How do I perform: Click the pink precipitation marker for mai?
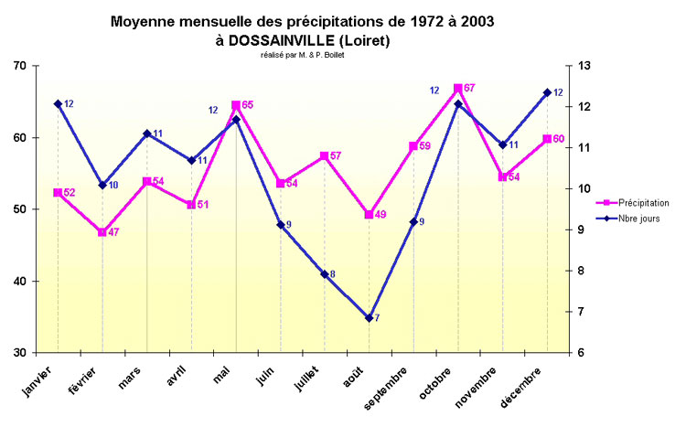(x=236, y=105)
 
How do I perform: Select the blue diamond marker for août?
(x=370, y=318)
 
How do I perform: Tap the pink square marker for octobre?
(x=458, y=89)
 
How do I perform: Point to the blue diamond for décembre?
(x=547, y=92)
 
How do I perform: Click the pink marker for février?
(x=102, y=232)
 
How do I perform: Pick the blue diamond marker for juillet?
(x=325, y=274)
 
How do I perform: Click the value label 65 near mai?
(x=248, y=105)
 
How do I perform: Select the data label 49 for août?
(x=381, y=215)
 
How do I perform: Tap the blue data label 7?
(x=377, y=318)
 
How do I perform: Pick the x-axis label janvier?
(x=38, y=379)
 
